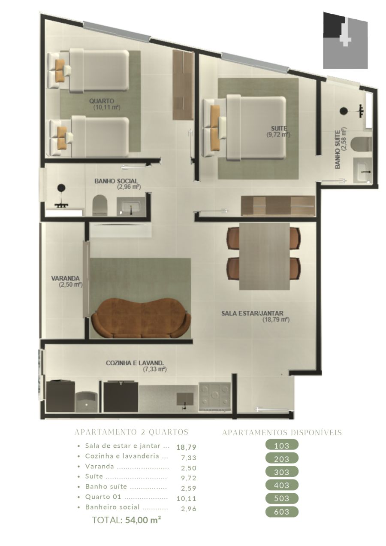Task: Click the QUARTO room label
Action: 102,101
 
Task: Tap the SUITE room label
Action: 279,128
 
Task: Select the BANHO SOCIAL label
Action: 116,181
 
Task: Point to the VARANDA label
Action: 66,278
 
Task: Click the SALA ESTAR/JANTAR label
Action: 252,313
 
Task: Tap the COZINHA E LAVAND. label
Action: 135,363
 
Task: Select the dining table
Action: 265,256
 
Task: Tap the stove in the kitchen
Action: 214,397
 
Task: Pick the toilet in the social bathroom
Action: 100,205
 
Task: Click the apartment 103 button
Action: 281,446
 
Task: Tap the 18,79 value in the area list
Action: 186,447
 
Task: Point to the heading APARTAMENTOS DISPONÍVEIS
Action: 282,433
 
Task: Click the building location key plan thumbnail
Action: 345,40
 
